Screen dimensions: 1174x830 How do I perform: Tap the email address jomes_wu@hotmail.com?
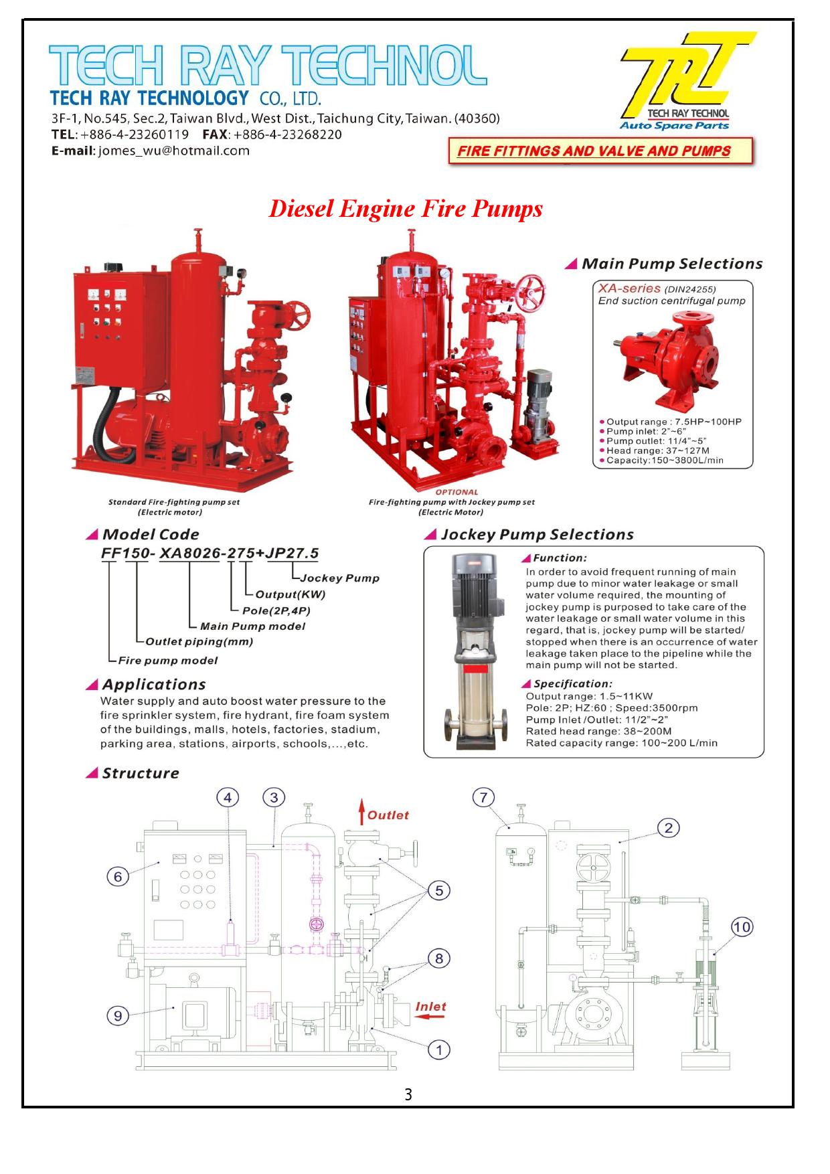tap(173, 151)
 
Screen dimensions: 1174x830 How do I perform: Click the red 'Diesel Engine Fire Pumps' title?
tap(405, 209)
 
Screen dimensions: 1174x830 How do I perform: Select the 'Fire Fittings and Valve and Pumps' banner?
tap(594, 151)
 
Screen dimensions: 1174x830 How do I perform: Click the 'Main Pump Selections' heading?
tap(671, 264)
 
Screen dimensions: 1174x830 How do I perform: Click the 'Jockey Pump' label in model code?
tap(339, 578)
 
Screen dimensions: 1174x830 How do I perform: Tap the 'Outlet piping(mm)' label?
tap(199, 642)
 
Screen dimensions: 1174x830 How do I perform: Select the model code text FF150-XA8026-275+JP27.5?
tap(210, 554)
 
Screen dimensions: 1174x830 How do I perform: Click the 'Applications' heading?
tap(153, 685)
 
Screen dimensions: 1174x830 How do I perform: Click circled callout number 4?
tap(228, 797)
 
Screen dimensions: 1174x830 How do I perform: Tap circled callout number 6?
tap(117, 877)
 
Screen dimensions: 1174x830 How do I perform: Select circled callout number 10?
tap(742, 927)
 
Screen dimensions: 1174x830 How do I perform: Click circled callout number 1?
tap(438, 1050)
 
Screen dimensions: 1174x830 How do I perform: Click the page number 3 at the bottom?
tap(408, 1095)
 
